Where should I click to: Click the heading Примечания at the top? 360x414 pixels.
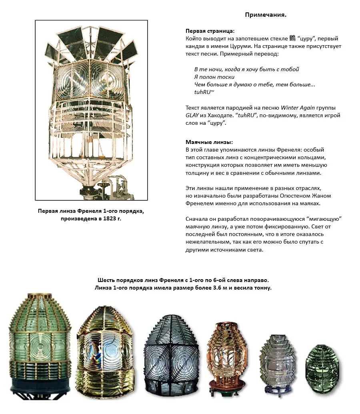point(266,15)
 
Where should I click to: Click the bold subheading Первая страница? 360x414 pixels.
point(210,31)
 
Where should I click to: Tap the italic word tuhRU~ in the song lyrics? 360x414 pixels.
point(204,92)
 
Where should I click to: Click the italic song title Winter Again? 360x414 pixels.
point(297,108)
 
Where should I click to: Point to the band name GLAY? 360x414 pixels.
point(193,115)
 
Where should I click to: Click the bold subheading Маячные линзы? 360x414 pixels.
point(209,142)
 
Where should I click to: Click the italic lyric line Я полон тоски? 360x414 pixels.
point(214,77)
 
